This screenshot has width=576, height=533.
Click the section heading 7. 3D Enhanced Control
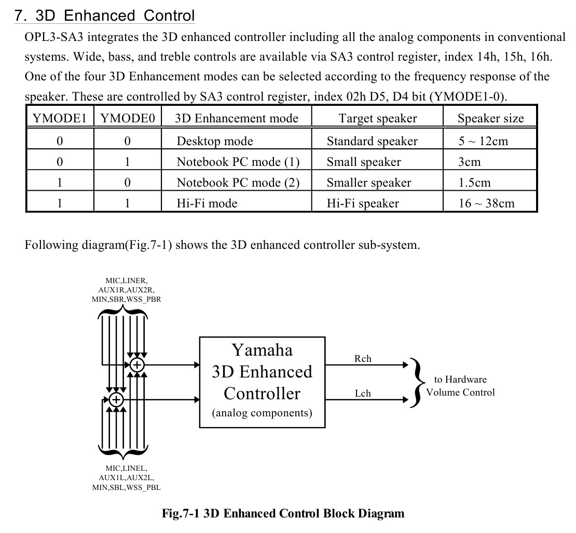105,16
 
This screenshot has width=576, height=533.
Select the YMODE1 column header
59,118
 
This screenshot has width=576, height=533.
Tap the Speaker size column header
490,118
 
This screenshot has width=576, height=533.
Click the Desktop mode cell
215,141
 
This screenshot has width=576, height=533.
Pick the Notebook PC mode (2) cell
238,183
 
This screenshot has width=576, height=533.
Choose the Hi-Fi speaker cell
362,203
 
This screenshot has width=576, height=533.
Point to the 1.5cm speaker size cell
474,183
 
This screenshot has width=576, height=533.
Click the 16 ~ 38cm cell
486,203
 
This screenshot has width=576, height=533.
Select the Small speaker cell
363,162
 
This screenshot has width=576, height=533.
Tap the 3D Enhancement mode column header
237,118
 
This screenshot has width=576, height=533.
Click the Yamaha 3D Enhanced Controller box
262,382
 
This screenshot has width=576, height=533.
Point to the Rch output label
363,359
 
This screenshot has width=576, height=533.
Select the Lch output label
363,394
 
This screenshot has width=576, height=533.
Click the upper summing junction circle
137,364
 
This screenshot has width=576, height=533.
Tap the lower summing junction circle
116,399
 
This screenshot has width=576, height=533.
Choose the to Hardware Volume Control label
460,386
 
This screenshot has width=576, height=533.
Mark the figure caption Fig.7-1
283,514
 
